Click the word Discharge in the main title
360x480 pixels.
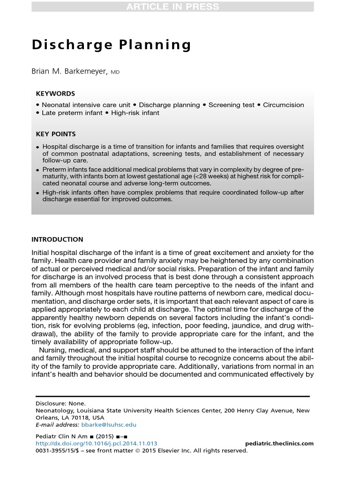tap(64, 45)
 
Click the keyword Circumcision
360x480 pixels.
tap(284, 105)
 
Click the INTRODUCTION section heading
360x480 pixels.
tap(57, 240)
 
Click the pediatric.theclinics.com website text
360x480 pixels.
tap(279, 443)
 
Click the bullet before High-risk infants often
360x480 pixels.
tap(37, 193)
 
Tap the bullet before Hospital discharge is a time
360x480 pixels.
tap(37, 147)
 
